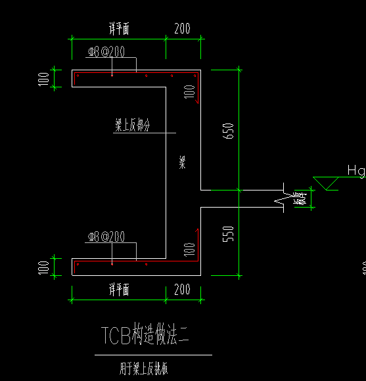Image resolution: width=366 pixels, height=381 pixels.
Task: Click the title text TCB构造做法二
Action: pyautogui.click(x=144, y=336)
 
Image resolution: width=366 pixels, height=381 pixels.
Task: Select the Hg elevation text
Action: pyautogui.click(x=355, y=171)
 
